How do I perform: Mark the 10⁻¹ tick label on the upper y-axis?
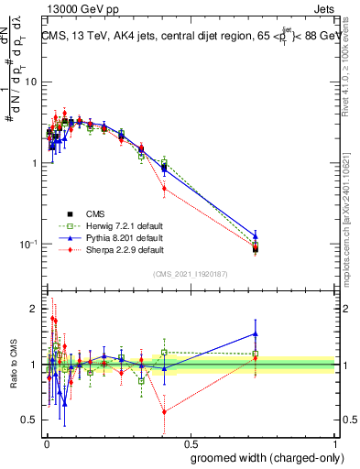pyautogui.click(x=27, y=245)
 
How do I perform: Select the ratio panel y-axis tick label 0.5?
pyautogui.click(x=30, y=420)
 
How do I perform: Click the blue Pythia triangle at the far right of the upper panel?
pyautogui.click(x=256, y=235)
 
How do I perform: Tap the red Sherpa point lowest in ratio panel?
pyautogui.click(x=164, y=412)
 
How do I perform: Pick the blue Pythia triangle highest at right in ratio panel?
pyautogui.click(x=256, y=333)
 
